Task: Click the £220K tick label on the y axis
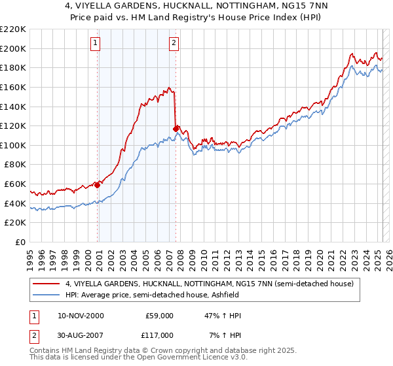[x=13, y=29]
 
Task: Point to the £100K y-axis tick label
[x=13, y=145]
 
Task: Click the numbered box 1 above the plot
[x=96, y=44]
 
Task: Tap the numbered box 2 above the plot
[x=174, y=44]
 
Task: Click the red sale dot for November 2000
[x=98, y=185]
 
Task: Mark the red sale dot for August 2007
[x=176, y=128]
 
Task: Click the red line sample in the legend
[x=47, y=284]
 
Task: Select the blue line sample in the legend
[x=47, y=295]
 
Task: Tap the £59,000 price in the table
[x=158, y=316]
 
